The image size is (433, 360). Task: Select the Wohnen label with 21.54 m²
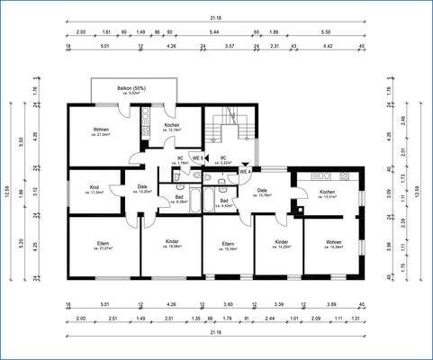100,130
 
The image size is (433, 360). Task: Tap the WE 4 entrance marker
244,171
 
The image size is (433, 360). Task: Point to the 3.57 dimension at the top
229,44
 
